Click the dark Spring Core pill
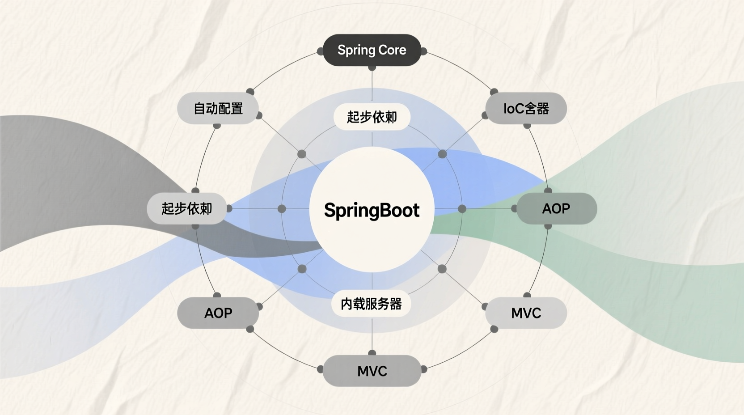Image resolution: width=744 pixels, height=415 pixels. pyautogui.click(x=372, y=50)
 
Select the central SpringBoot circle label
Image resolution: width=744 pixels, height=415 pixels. pyautogui.click(x=372, y=210)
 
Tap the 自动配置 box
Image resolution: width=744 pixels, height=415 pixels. pyautogui.click(x=218, y=108)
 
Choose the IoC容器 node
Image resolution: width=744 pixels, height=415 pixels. pyautogui.click(x=526, y=108)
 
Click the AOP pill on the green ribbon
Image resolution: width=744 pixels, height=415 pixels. pyautogui.click(x=556, y=208)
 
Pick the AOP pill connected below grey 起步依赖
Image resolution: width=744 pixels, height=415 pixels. pyautogui.click(x=218, y=313)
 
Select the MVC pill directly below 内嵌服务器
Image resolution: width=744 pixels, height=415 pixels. pyautogui.click(x=372, y=371)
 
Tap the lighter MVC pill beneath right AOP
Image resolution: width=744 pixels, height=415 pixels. pyautogui.click(x=526, y=313)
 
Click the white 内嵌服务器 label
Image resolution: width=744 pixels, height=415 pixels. pyautogui.click(x=371, y=304)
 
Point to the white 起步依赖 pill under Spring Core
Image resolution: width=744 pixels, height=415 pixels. pyautogui.click(x=372, y=117)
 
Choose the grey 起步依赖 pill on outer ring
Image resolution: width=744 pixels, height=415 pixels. pyautogui.click(x=187, y=208)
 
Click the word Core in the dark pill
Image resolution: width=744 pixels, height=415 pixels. pyautogui.click(x=392, y=50)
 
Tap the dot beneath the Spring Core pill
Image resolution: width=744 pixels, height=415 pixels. pyautogui.click(x=372, y=68)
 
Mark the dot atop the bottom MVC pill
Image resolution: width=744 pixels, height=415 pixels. pyautogui.click(x=372, y=353)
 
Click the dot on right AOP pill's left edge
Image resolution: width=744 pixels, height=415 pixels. pyautogui.click(x=515, y=208)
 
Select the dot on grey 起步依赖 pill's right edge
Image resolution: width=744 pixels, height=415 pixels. pyautogui.click(x=229, y=208)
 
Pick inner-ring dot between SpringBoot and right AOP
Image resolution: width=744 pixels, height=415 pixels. pyautogui.click(x=462, y=209)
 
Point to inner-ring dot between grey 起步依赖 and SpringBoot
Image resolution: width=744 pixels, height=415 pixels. pyautogui.click(x=282, y=209)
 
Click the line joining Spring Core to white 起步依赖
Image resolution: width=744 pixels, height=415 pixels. pyautogui.click(x=372, y=86)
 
